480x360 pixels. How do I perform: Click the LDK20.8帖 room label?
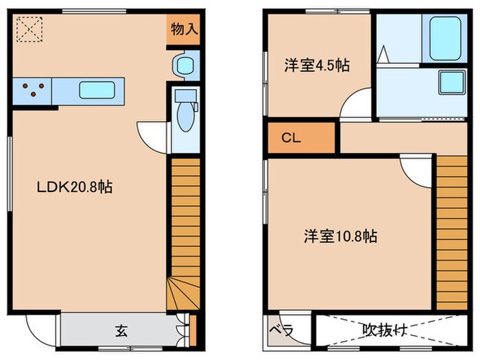[x=75, y=187]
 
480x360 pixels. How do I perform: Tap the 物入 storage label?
[x=184, y=29]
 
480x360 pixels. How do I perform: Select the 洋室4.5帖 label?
[x=317, y=66]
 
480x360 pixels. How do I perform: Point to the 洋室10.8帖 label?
[x=341, y=237]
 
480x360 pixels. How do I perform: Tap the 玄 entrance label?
[x=121, y=332]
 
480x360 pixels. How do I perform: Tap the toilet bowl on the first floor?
[x=185, y=117]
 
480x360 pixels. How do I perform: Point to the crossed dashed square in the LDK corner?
[x=28, y=29]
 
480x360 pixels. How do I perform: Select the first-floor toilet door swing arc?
[x=152, y=134]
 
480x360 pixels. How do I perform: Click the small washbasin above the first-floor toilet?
[x=184, y=65]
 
